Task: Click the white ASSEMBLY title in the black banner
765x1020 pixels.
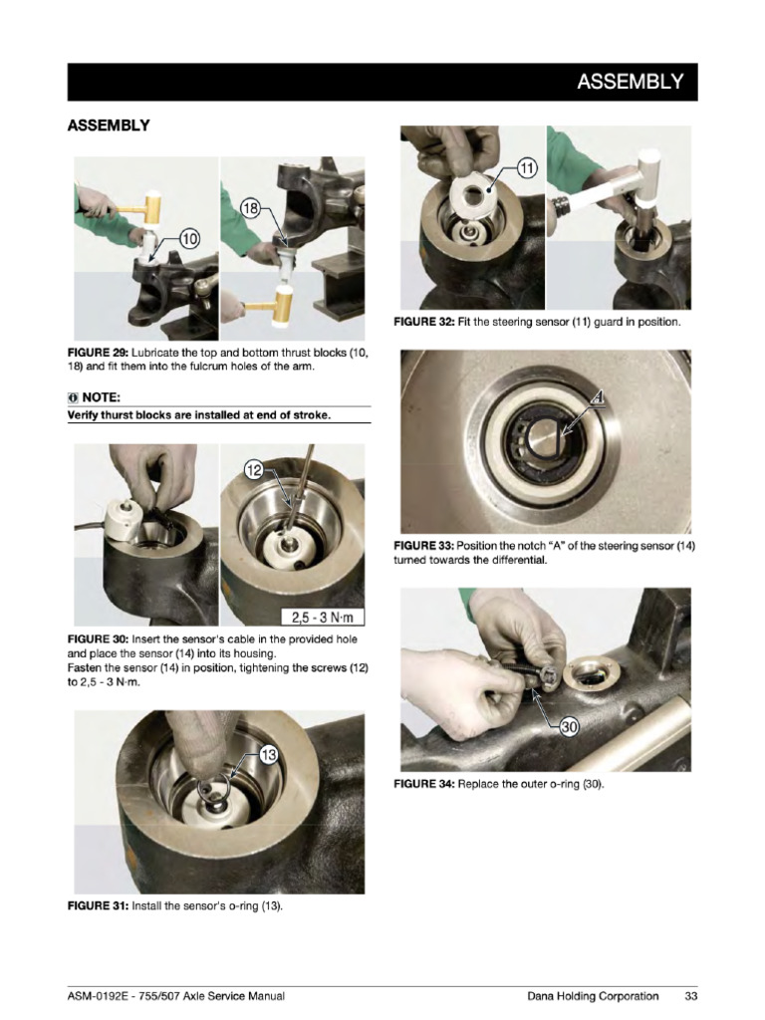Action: (631, 82)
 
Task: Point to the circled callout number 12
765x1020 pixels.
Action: (255, 469)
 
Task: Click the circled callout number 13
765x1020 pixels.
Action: (268, 755)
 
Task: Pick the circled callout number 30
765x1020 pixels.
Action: (568, 727)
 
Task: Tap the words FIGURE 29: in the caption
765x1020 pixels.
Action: (98, 354)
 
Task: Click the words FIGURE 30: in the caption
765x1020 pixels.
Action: (98, 637)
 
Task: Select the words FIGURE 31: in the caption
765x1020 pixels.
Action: (98, 906)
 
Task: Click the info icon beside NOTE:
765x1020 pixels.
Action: (72, 396)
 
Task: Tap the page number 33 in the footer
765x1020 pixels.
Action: (690, 995)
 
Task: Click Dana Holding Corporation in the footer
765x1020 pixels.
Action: (593, 995)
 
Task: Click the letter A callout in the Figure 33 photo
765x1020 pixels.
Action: (597, 400)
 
